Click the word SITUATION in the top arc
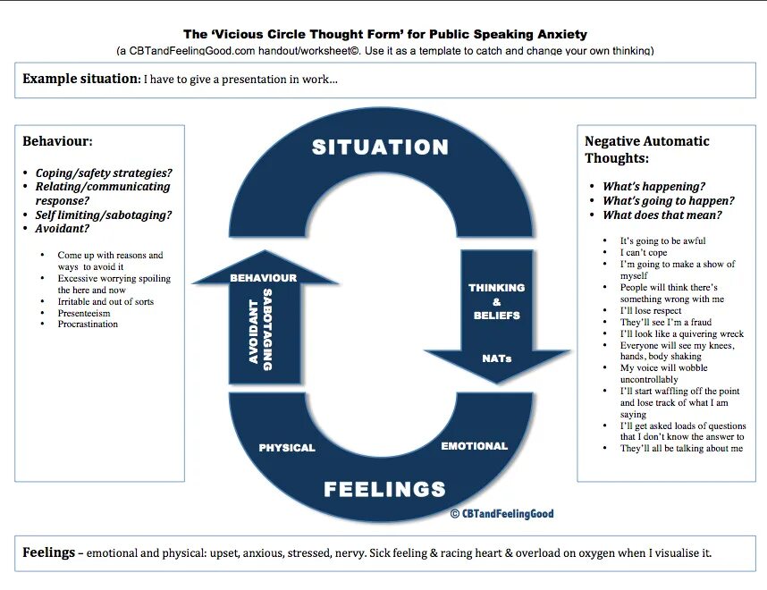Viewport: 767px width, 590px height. [x=380, y=147]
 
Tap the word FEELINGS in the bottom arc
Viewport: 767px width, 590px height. [x=384, y=489]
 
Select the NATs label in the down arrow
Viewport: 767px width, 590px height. [x=496, y=358]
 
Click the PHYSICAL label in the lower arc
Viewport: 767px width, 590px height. [x=287, y=448]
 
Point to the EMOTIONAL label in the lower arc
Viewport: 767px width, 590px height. [x=474, y=445]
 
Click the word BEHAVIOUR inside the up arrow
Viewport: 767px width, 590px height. [x=263, y=278]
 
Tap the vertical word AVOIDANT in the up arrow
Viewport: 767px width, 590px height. [x=253, y=331]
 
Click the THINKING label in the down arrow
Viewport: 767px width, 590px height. [x=496, y=288]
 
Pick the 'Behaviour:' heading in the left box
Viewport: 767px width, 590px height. [x=57, y=141]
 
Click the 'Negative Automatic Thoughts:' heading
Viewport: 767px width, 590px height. [x=646, y=149]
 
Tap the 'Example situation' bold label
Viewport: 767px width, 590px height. [x=80, y=79]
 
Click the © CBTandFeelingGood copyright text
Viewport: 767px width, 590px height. [x=501, y=513]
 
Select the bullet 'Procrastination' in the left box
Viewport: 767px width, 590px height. [x=88, y=324]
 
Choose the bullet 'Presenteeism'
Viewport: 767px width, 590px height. [x=84, y=313]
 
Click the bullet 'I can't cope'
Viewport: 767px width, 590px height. [x=644, y=253]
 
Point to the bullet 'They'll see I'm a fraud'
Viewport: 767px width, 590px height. [x=667, y=323]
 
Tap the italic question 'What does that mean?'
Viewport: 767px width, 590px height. [x=662, y=215]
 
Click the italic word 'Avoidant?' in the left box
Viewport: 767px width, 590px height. [x=63, y=229]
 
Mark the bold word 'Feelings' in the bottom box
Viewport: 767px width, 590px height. [x=48, y=552]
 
